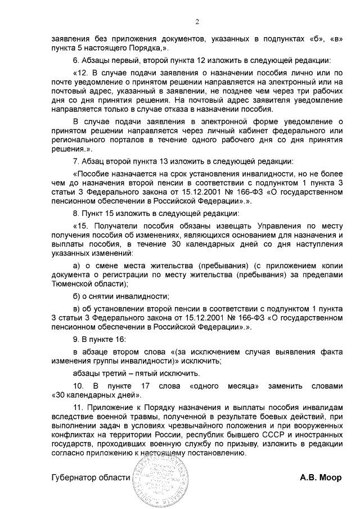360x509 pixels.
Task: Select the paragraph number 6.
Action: [x=77, y=60]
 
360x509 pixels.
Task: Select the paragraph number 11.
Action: [x=79, y=407]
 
